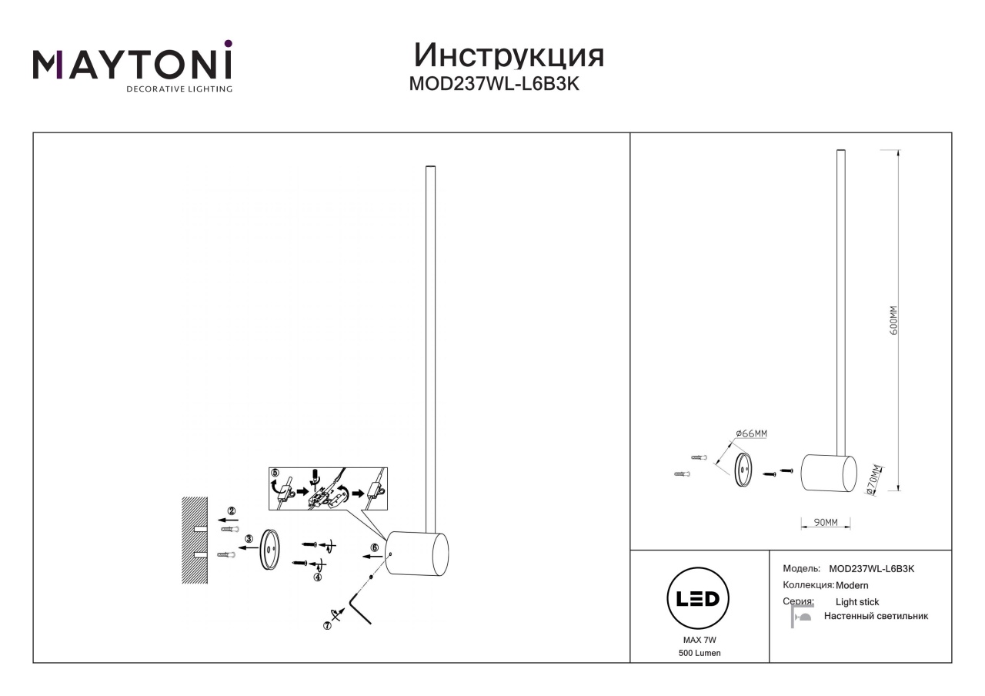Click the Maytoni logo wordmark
pyautogui.click(x=132, y=65)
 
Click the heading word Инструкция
pyautogui.click(x=509, y=56)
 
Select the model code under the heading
pyautogui.click(x=494, y=84)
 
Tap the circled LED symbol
pyautogui.click(x=698, y=598)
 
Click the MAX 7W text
pyautogui.click(x=700, y=640)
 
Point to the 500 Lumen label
pyautogui.click(x=700, y=654)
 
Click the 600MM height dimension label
pyautogui.click(x=893, y=321)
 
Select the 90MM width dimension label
pyautogui.click(x=826, y=522)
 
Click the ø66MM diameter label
pyautogui.click(x=751, y=433)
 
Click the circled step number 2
pyautogui.click(x=232, y=510)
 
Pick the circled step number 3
pyautogui.click(x=249, y=538)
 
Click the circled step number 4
pyautogui.click(x=318, y=577)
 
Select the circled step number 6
pyautogui.click(x=374, y=547)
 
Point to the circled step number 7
pyautogui.click(x=327, y=625)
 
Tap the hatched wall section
pyautogui.click(x=195, y=540)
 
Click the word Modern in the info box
pyautogui.click(x=852, y=586)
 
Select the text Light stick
pyautogui.click(x=857, y=602)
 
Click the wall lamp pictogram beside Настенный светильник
pyautogui.click(x=801, y=617)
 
